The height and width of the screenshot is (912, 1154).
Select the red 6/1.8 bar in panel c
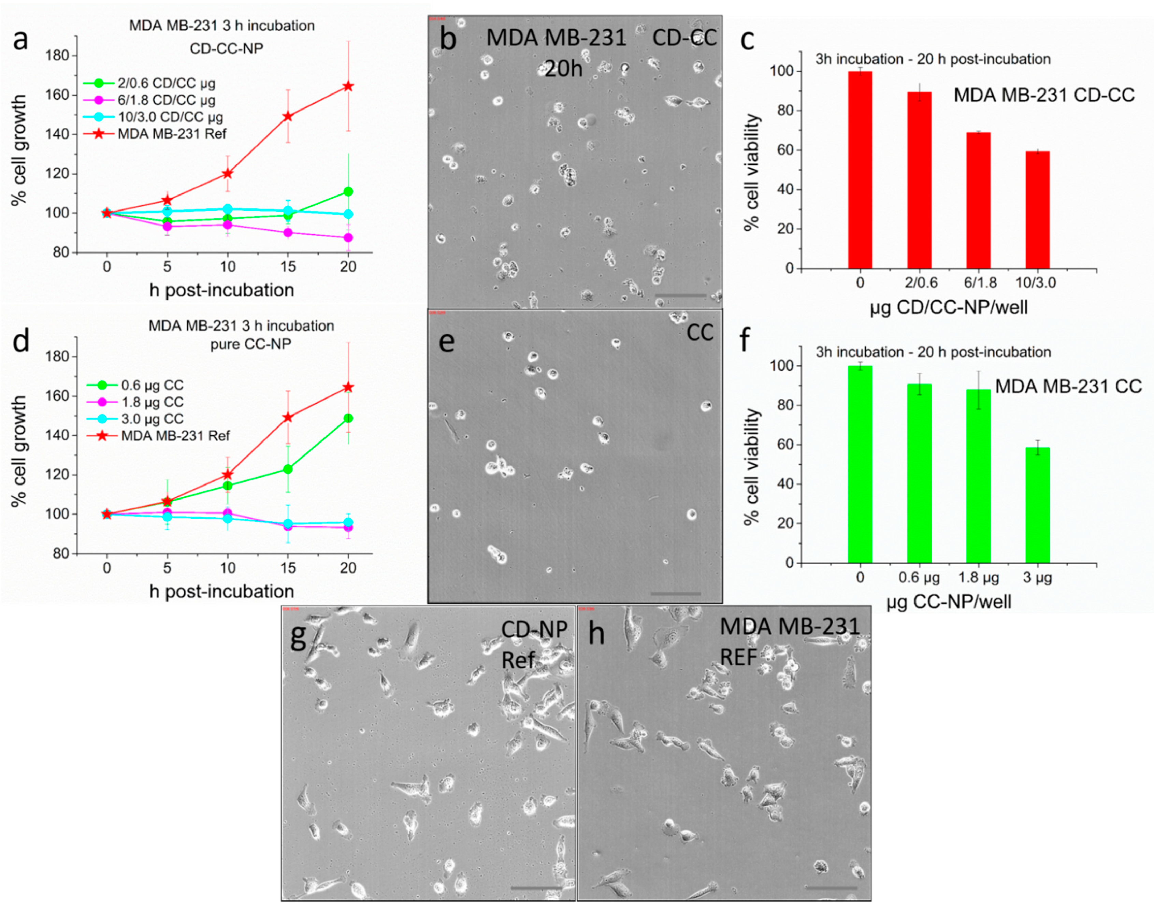coord(978,200)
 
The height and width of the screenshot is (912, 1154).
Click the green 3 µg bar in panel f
coord(1037,505)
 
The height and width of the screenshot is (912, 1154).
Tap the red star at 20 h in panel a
coord(348,87)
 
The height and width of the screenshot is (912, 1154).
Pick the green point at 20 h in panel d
coord(348,418)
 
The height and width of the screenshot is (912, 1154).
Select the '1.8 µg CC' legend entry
coord(152,402)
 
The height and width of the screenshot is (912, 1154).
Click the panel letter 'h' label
coord(596,634)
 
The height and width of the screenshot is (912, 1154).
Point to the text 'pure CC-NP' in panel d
coord(250,344)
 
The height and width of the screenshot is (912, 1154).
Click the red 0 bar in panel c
coord(860,170)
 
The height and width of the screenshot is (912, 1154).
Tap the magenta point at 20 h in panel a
coord(348,237)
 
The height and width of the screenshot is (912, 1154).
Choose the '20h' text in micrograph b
coord(563,69)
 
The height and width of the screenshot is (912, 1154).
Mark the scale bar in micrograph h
coord(831,888)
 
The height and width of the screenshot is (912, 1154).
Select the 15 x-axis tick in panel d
coord(288,568)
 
